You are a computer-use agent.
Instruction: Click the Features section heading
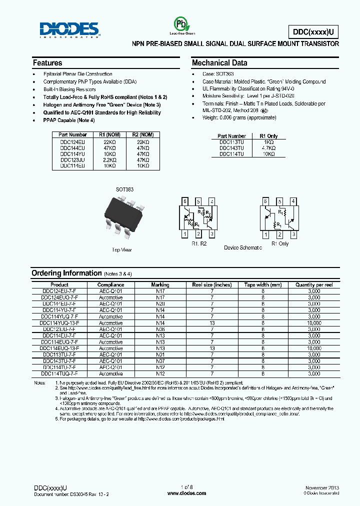click(x=47, y=63)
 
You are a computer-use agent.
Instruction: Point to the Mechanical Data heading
click(x=219, y=63)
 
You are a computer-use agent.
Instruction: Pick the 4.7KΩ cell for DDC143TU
click(x=268, y=148)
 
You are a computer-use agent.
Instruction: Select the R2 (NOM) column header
click(x=142, y=134)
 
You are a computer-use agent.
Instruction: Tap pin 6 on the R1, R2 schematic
click(x=185, y=201)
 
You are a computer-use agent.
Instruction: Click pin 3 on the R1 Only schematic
click(x=294, y=234)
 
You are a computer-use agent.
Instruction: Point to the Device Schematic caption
click(x=242, y=247)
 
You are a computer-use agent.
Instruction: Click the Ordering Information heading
click(x=66, y=273)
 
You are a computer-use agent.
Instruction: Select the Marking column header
click(x=160, y=284)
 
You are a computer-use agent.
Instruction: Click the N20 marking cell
click(x=160, y=303)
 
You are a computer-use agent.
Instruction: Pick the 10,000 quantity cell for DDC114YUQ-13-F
click(x=314, y=322)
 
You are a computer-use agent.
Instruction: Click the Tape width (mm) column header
click(x=263, y=284)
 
